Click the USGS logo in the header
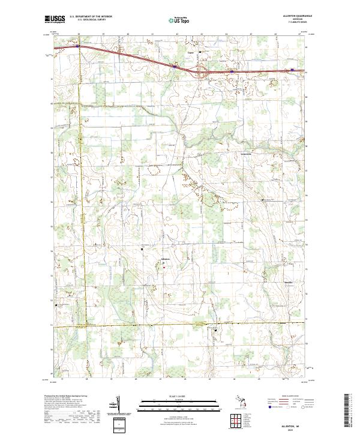click(x=54, y=19)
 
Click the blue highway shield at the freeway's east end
click(x=292, y=70)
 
